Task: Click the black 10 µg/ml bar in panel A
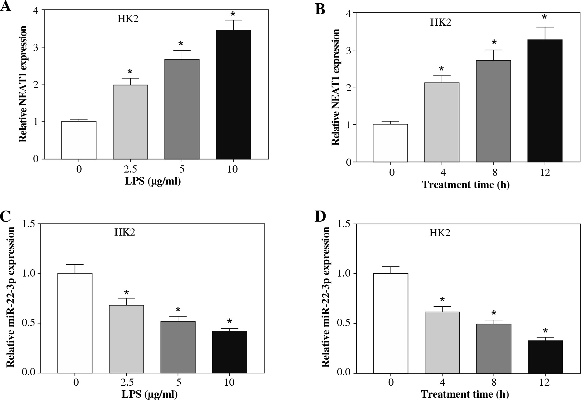[233, 94]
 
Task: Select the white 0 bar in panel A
[79, 140]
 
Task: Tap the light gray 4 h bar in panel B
[442, 122]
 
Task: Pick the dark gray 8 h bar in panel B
[493, 111]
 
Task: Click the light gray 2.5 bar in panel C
[126, 339]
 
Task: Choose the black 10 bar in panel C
[229, 352]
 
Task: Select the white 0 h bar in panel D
[391, 323]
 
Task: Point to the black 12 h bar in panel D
[545, 356]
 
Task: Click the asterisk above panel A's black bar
[233, 14]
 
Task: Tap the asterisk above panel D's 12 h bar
[545, 331]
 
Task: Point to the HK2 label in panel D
[440, 233]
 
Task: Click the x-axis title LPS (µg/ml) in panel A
[153, 181]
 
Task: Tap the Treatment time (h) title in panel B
[466, 185]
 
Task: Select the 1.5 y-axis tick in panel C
[29, 224]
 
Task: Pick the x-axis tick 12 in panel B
[545, 172]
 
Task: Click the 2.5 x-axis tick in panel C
[126, 382]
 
